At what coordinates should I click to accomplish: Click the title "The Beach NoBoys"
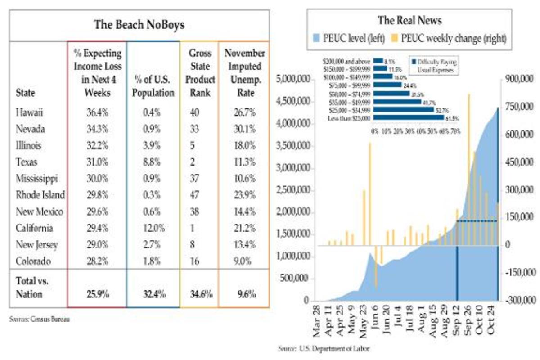139,24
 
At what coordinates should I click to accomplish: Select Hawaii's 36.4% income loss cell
97,112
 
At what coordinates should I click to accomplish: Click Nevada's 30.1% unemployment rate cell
245,129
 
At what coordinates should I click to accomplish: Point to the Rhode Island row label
40,195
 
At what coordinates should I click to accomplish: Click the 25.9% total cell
97,294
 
